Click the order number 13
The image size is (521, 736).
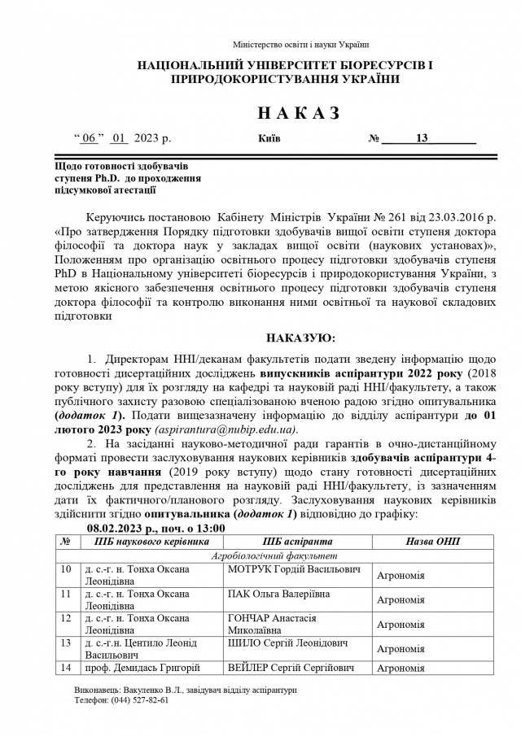[422, 138]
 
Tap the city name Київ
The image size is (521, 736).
[269, 138]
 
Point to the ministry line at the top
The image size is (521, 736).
[300, 44]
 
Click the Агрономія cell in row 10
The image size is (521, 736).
[401, 577]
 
